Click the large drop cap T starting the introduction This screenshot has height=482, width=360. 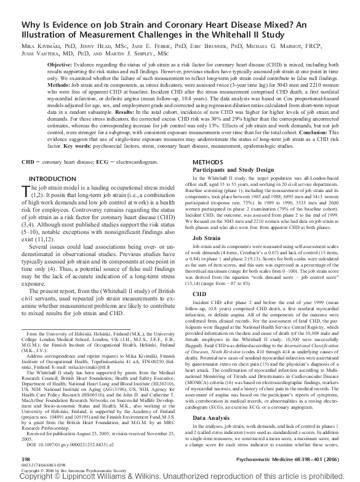click(x=25, y=191)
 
